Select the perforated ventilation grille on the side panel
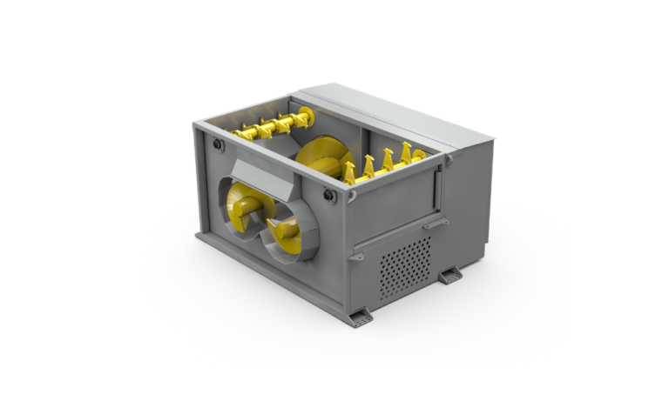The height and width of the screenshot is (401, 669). pos(405,265)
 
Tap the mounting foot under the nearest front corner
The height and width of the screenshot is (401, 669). pos(360,317)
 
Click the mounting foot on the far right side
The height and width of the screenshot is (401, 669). pos(449,276)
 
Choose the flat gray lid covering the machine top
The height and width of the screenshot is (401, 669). pos(392,113)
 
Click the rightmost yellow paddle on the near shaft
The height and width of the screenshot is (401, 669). pos(421,156)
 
